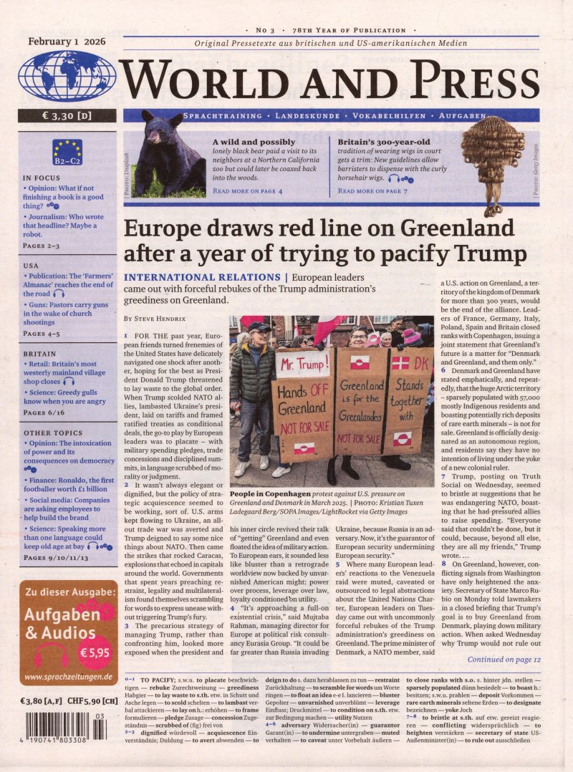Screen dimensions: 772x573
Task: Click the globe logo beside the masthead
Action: point(67,76)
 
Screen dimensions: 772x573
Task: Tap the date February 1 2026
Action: point(67,42)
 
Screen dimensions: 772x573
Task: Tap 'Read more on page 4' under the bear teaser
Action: point(247,191)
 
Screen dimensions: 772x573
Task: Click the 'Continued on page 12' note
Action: point(504,659)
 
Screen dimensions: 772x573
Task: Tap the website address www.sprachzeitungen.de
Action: point(67,677)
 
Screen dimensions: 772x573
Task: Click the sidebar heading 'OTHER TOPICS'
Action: point(47,433)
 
